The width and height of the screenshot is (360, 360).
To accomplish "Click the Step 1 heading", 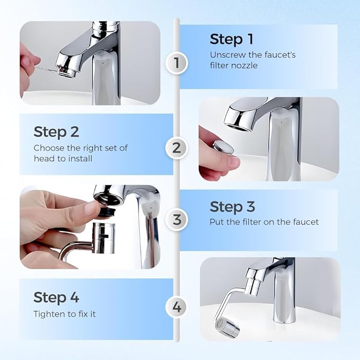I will coord(232,39).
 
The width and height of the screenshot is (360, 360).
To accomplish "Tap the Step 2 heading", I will coord(57,131).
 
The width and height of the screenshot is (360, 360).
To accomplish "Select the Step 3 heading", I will coord(232,207).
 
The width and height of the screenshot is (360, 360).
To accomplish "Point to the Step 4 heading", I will coord(57,297).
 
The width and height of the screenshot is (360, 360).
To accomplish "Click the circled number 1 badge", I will coord(177,64).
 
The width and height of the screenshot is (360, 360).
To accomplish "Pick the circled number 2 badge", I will coord(177,148).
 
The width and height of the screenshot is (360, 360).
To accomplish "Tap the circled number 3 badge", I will coord(177,219).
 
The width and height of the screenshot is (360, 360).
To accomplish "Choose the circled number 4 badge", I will coord(177,306).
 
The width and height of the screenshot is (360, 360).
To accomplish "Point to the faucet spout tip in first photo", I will coord(66,71).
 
